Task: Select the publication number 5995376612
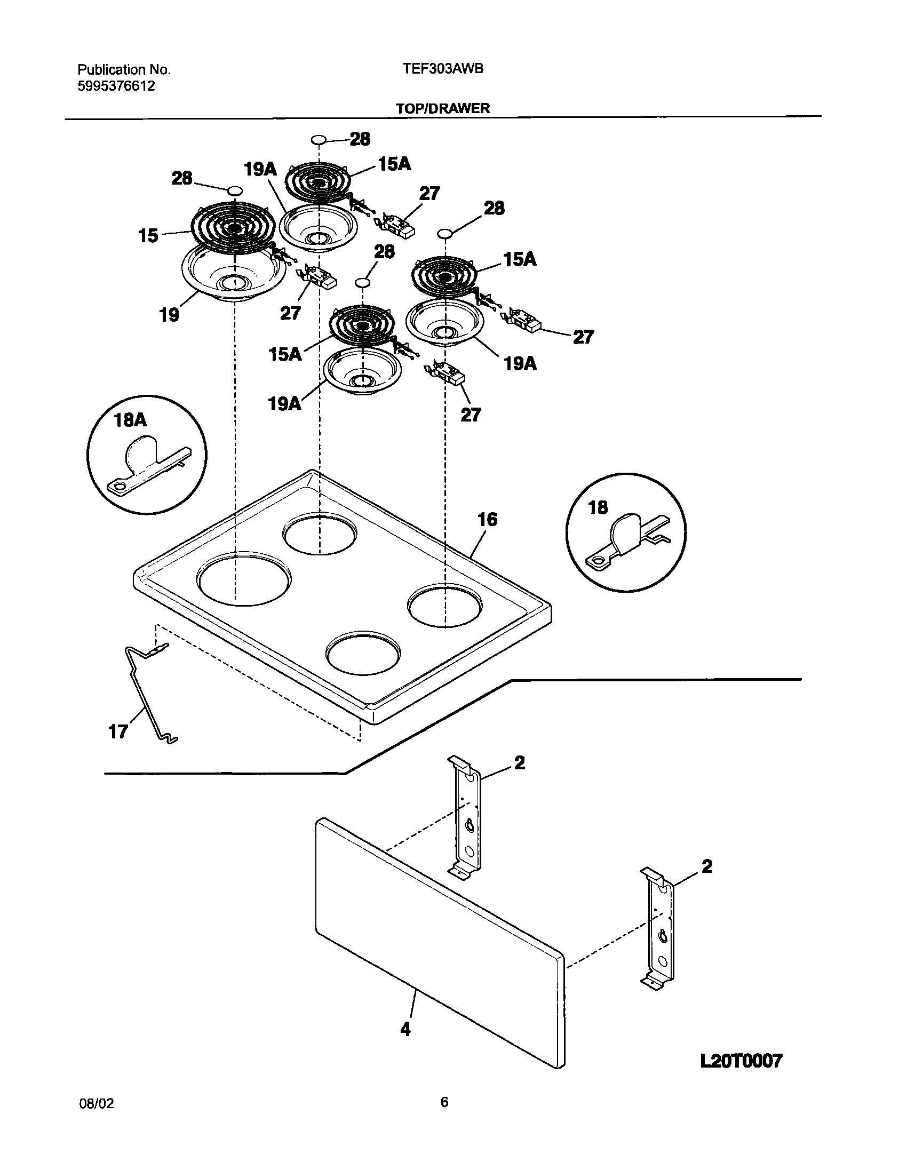[117, 86]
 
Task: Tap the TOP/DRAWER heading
[443, 108]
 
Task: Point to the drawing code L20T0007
[741, 1060]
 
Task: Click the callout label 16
[487, 519]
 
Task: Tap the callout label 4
[405, 1029]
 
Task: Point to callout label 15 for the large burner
[148, 235]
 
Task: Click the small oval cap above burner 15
[235, 190]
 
